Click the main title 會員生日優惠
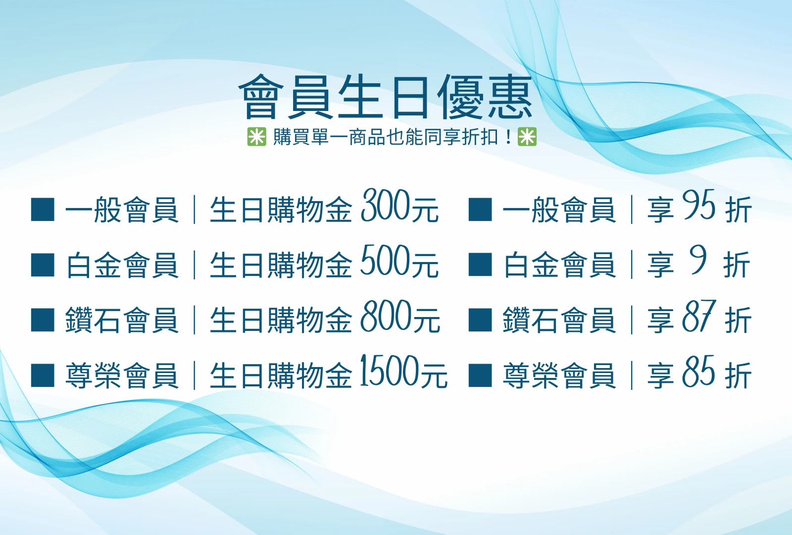[x=385, y=98]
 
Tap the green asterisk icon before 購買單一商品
[x=256, y=136]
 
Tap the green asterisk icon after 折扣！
[x=527, y=136]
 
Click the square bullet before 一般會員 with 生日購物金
[x=43, y=210]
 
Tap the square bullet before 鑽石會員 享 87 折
[x=480, y=320]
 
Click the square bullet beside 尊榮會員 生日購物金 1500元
[x=43, y=375]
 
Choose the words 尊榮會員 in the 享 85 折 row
[x=559, y=375]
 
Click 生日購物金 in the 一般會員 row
[x=281, y=210]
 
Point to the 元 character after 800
[x=427, y=320]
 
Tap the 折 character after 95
[x=738, y=210]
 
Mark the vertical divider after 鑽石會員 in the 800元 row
[x=195, y=320]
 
